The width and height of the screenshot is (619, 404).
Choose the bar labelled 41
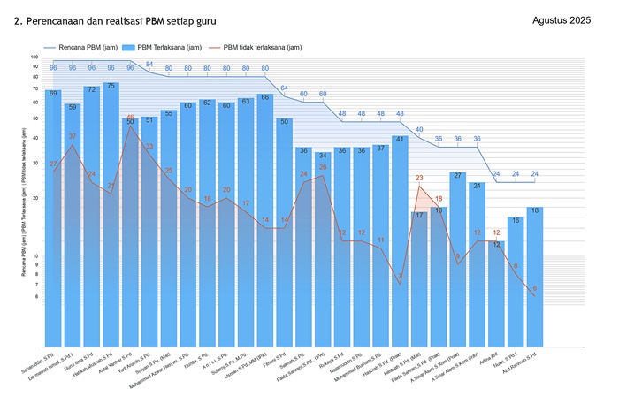click(400, 230)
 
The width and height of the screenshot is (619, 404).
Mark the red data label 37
click(73, 136)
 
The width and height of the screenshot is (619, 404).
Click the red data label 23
click(419, 178)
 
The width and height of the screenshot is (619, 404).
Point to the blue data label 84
click(149, 65)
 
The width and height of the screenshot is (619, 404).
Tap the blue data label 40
click(419, 130)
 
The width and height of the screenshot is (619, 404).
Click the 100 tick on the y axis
click(34, 57)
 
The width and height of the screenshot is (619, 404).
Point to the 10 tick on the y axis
click(34, 256)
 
